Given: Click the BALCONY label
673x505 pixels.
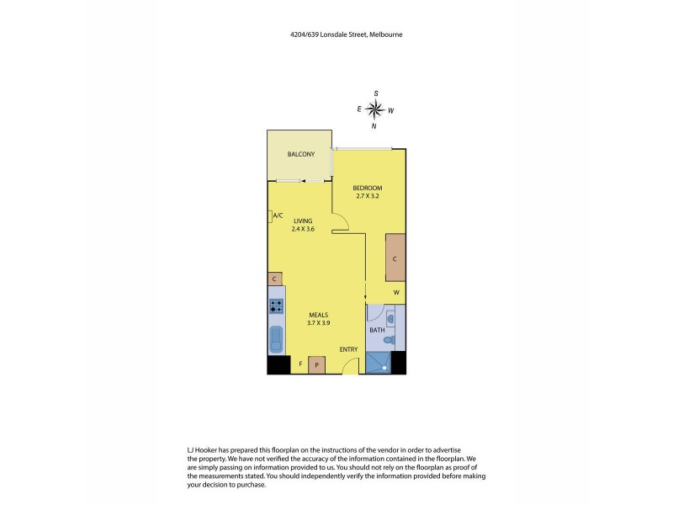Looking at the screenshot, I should tap(300, 155).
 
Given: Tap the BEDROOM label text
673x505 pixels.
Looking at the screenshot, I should tap(368, 187).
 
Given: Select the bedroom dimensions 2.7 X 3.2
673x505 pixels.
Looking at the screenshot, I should tap(368, 196).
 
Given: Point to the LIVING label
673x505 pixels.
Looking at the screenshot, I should tap(301, 221).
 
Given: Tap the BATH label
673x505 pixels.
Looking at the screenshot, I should tap(377, 329).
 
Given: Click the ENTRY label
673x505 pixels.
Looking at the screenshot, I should tap(348, 349).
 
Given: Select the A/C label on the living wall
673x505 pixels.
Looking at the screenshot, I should tap(278, 215).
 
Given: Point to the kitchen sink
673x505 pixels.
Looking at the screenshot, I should tap(276, 340).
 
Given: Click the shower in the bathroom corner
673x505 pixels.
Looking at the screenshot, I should tap(379, 363).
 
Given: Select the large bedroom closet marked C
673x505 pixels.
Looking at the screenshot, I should tap(395, 258).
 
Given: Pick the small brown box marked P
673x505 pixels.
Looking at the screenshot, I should tap(316, 364).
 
